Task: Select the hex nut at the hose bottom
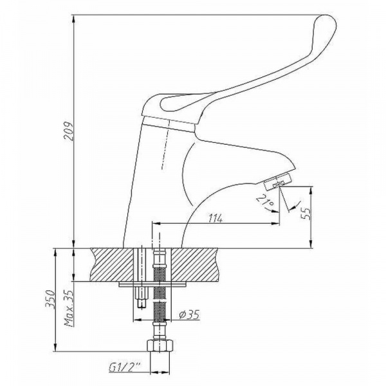pyautogui.click(x=159, y=345)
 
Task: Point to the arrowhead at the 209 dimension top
pyautogui.click(x=74, y=14)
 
